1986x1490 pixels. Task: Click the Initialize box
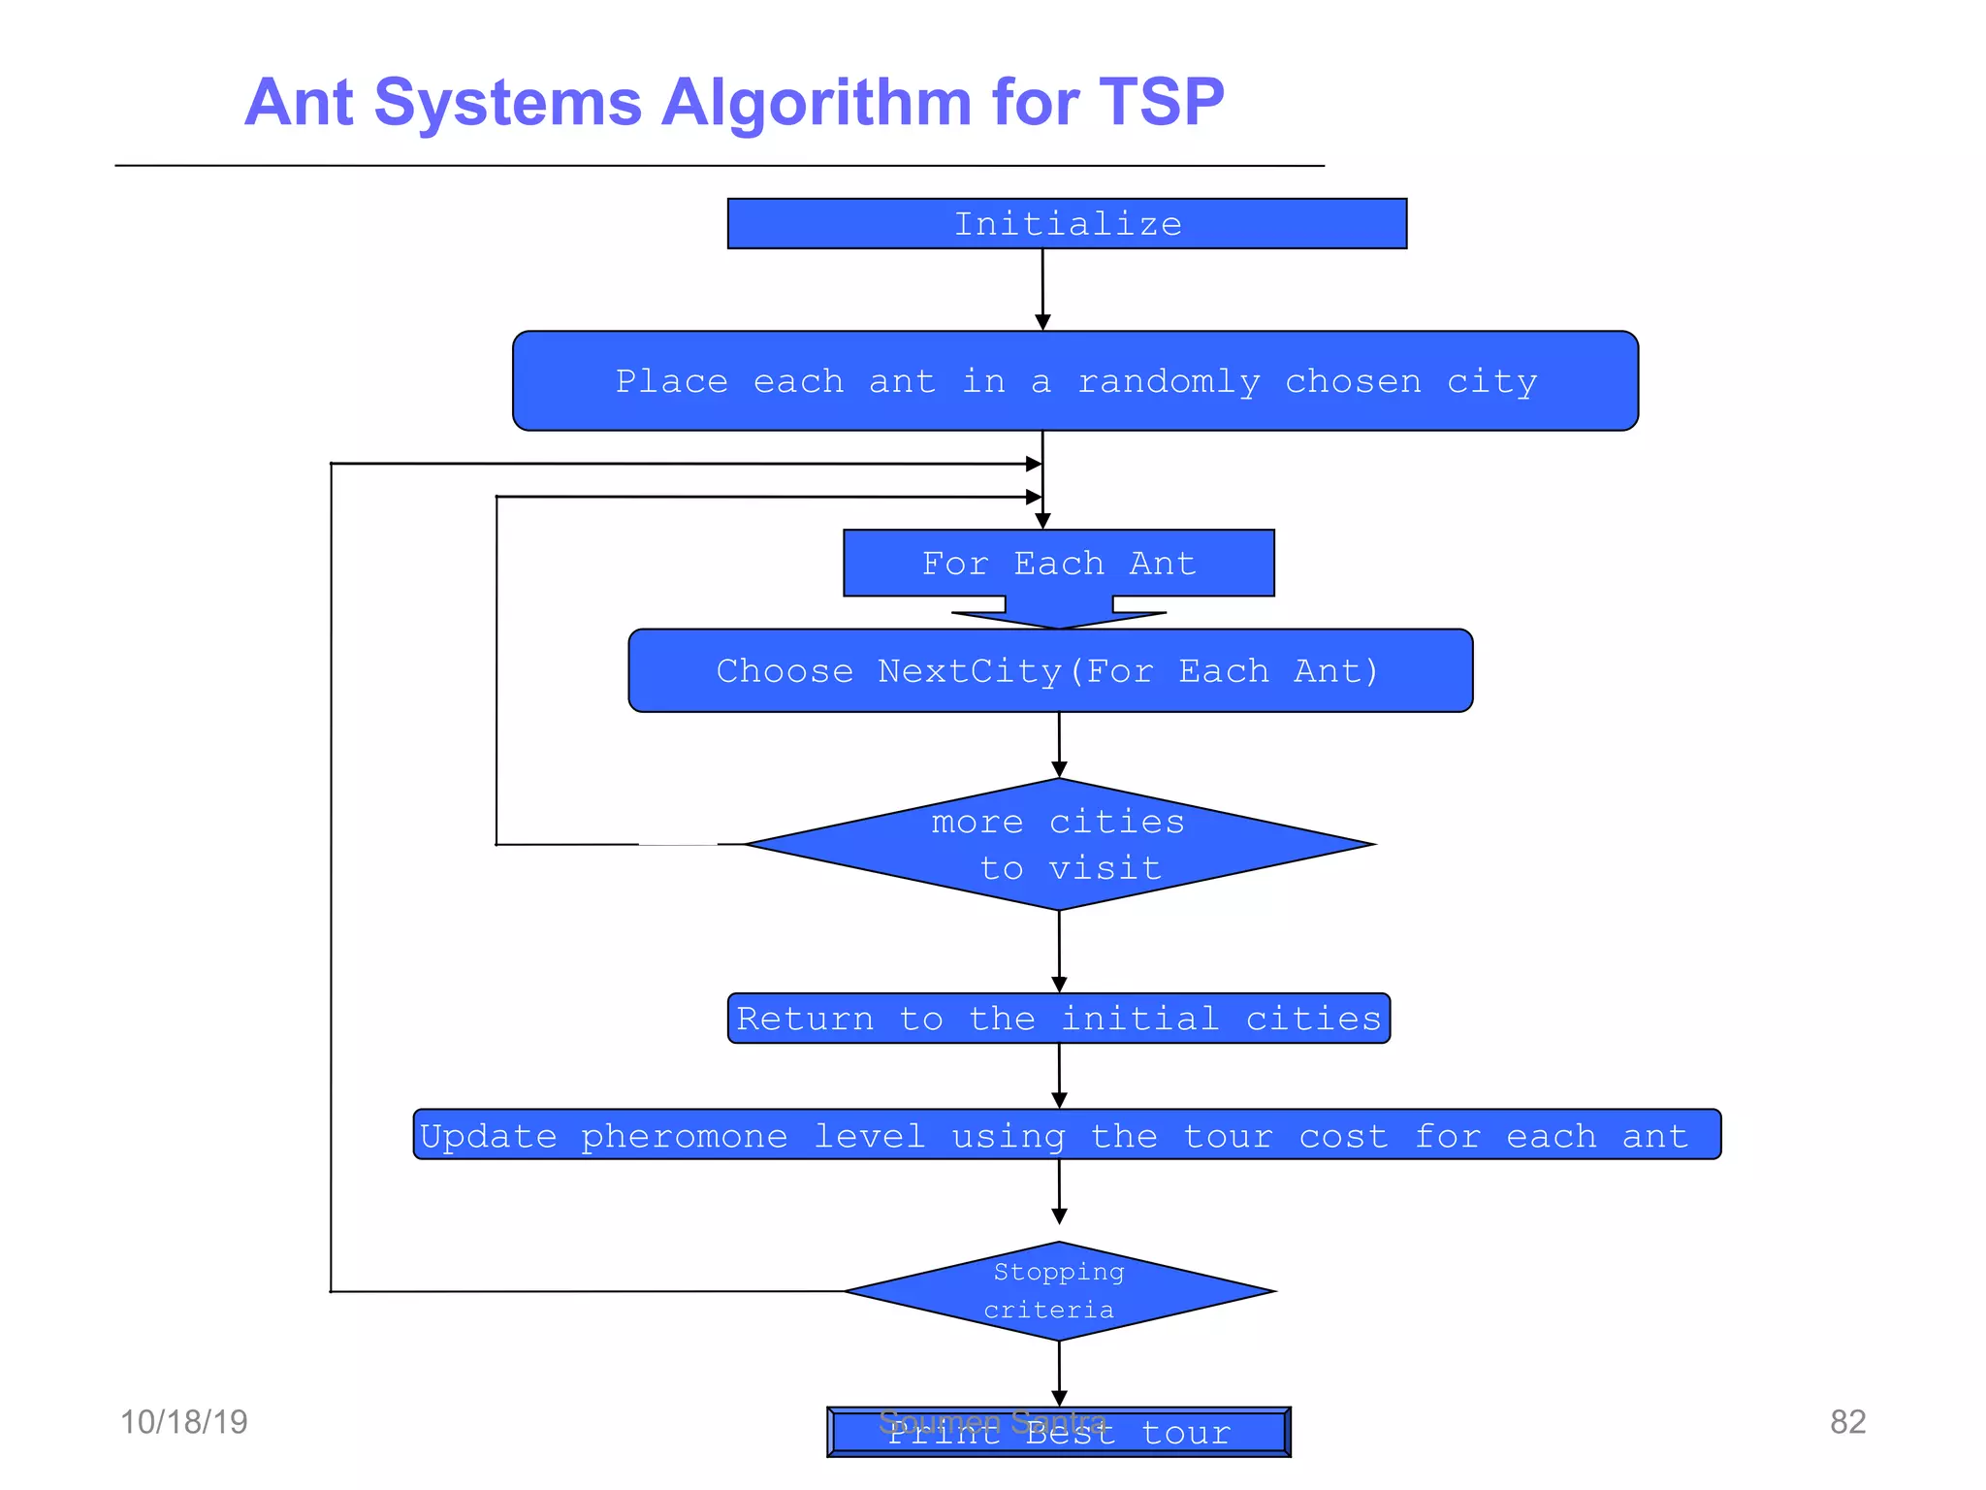coord(1067,224)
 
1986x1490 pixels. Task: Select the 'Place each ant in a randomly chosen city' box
coord(1074,381)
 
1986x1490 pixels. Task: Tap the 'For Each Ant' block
coord(1058,564)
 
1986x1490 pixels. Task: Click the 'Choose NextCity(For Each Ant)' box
coord(1049,671)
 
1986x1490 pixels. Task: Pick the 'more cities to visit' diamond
coord(1058,845)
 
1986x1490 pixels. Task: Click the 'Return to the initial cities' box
coord(1058,1019)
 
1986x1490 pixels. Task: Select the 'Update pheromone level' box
coord(1067,1135)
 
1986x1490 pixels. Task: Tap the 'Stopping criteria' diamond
coord(1058,1291)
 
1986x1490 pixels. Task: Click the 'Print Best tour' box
coord(1058,1433)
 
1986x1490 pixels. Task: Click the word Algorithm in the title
coord(815,102)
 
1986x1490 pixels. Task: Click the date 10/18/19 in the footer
coord(183,1422)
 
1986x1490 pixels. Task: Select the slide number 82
coord(1847,1422)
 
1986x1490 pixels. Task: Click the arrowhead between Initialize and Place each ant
coord(1042,322)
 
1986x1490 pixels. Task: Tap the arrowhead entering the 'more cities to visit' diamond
coord(1059,769)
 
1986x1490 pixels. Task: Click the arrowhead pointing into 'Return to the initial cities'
coord(1059,985)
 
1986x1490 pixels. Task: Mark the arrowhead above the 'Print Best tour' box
coord(1059,1398)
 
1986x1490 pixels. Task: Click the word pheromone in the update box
coord(684,1137)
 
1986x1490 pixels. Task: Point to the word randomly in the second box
coord(1169,382)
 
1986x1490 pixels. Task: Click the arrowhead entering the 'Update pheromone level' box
coord(1059,1100)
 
